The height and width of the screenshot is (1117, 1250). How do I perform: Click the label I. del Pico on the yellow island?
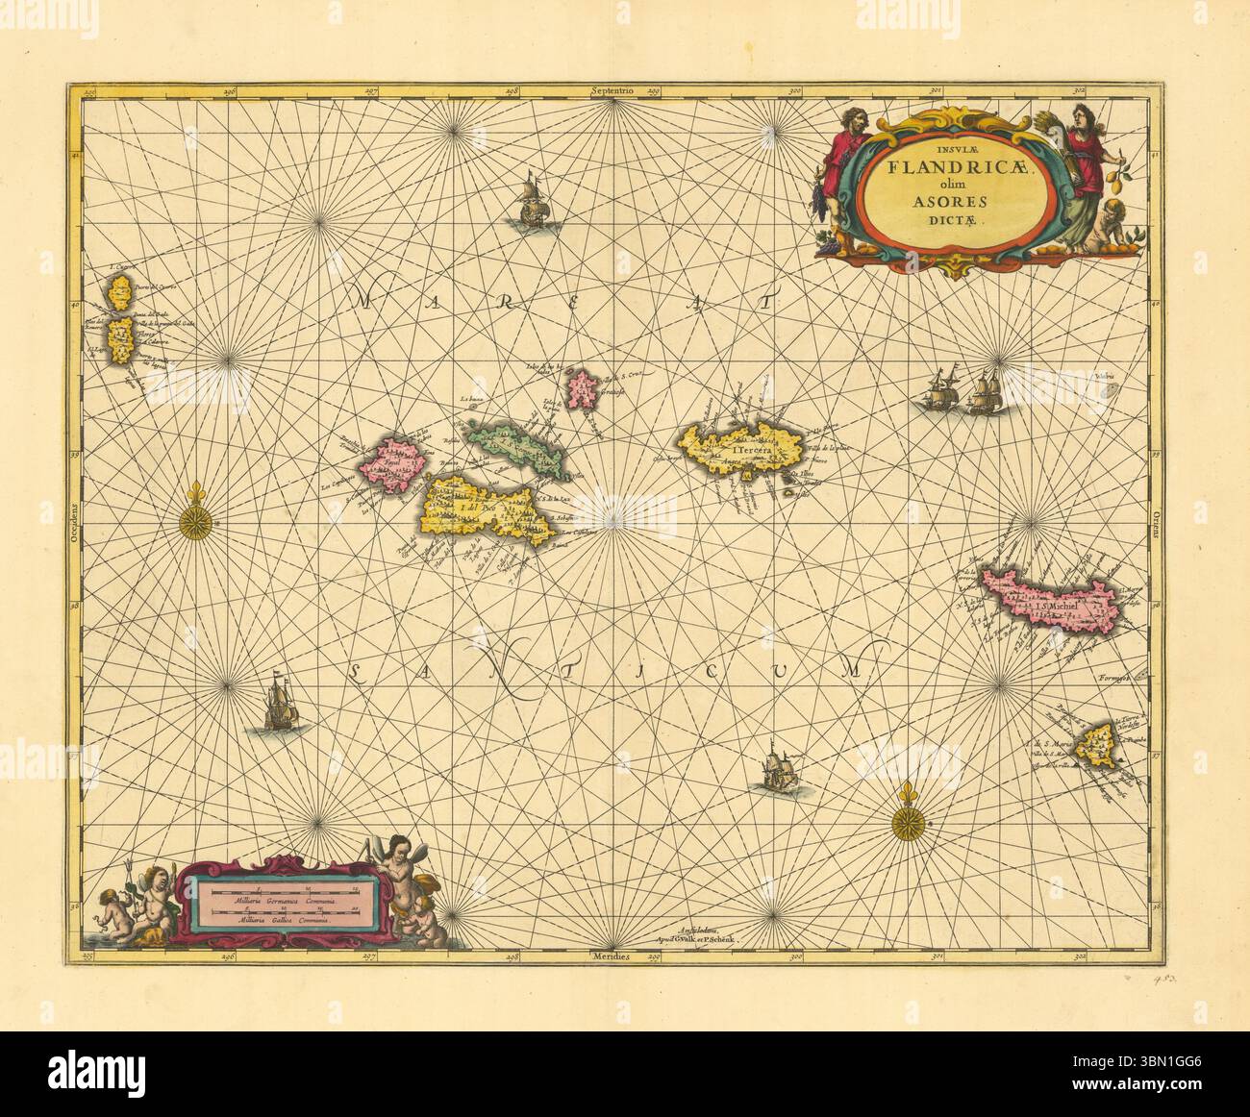click(470, 507)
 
